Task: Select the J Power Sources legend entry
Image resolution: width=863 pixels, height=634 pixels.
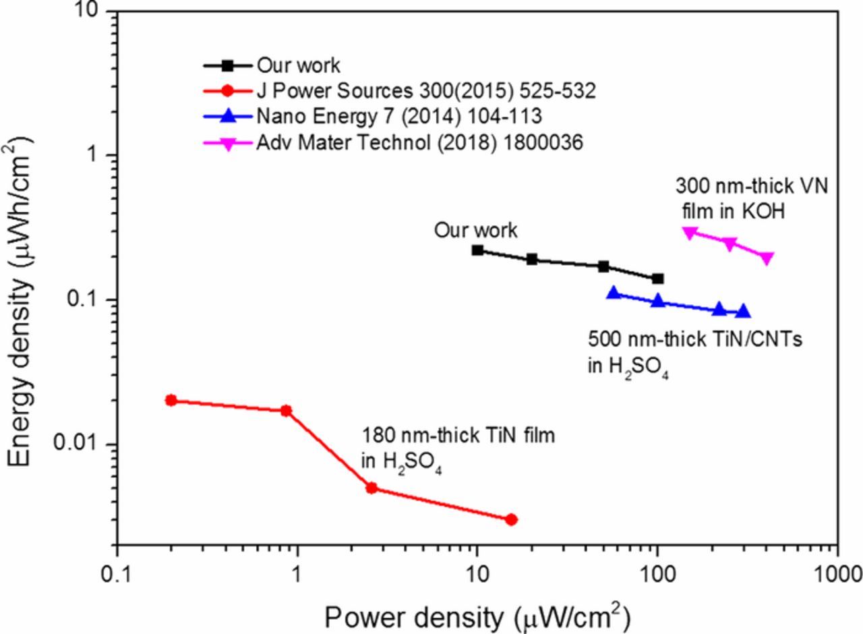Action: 425,91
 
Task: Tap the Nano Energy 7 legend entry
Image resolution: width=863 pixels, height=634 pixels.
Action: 398,117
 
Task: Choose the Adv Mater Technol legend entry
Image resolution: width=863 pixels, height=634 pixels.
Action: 419,142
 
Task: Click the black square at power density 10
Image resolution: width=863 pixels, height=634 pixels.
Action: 477,250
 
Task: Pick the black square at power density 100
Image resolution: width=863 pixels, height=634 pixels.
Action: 657,279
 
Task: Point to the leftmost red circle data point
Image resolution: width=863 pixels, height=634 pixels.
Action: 171,400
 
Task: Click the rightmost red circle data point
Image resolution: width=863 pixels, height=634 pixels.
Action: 511,519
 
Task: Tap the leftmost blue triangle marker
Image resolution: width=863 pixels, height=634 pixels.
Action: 614,293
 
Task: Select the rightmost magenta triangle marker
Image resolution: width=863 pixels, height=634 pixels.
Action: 767,258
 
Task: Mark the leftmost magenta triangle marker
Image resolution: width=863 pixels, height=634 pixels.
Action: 689,233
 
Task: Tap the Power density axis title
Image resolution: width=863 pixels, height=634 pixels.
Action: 477,616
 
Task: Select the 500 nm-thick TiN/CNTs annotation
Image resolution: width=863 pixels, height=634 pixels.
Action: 695,351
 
